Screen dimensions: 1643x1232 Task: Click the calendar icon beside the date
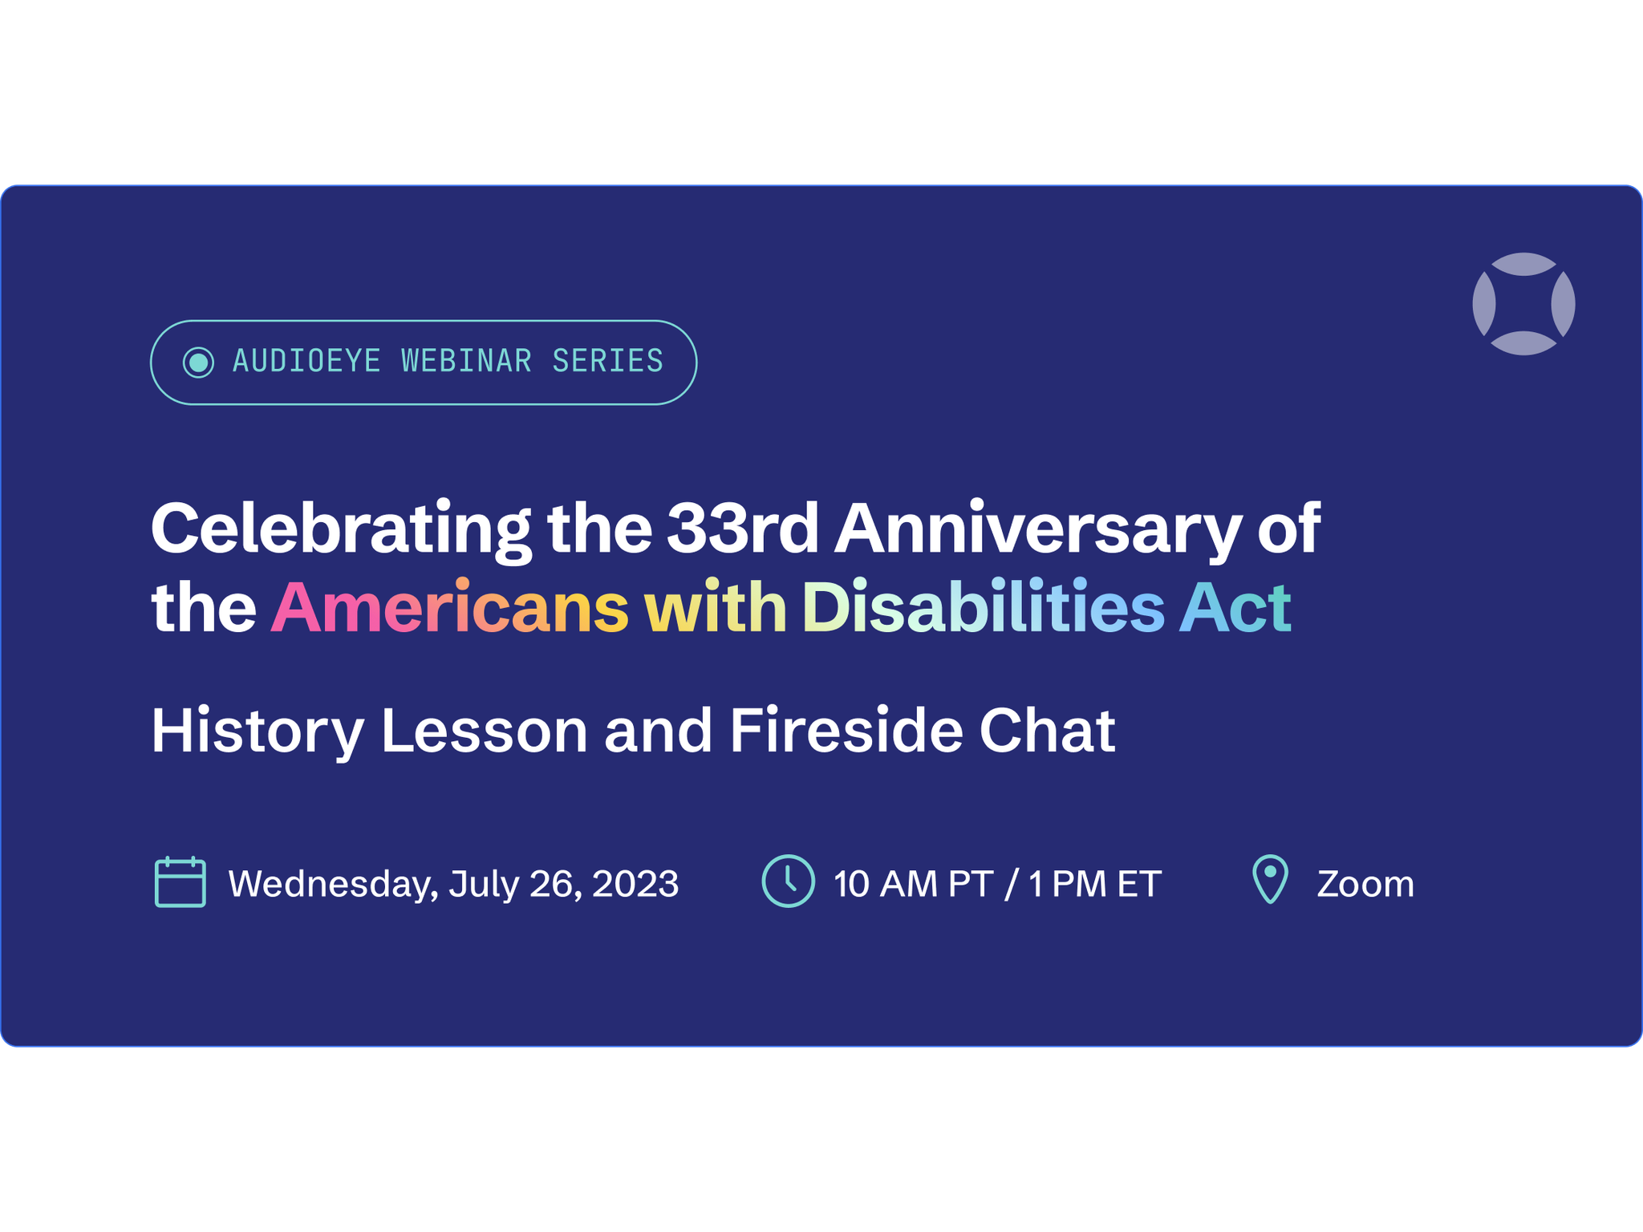click(180, 882)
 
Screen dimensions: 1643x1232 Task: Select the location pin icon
click(1270, 880)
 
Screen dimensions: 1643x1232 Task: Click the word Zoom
click(1365, 884)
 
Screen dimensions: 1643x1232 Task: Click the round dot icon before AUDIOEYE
click(198, 362)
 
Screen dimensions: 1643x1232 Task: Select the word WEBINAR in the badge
click(466, 361)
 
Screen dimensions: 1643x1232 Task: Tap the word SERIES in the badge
click(607, 361)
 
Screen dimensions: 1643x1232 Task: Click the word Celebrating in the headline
click(341, 530)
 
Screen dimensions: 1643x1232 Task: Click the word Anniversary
click(1037, 530)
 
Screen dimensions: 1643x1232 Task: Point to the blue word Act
click(1235, 606)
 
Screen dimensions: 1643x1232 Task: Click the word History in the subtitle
click(258, 731)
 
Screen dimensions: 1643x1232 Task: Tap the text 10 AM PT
click(913, 884)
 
